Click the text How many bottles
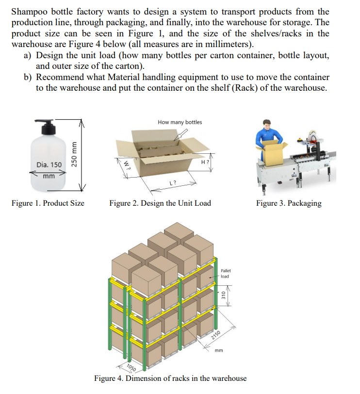[180, 122]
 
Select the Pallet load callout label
[226, 273]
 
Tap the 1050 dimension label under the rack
[131, 367]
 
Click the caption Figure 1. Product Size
[48, 203]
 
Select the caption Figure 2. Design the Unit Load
[160, 203]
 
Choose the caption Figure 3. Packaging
[289, 203]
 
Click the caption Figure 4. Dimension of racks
[170, 378]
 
